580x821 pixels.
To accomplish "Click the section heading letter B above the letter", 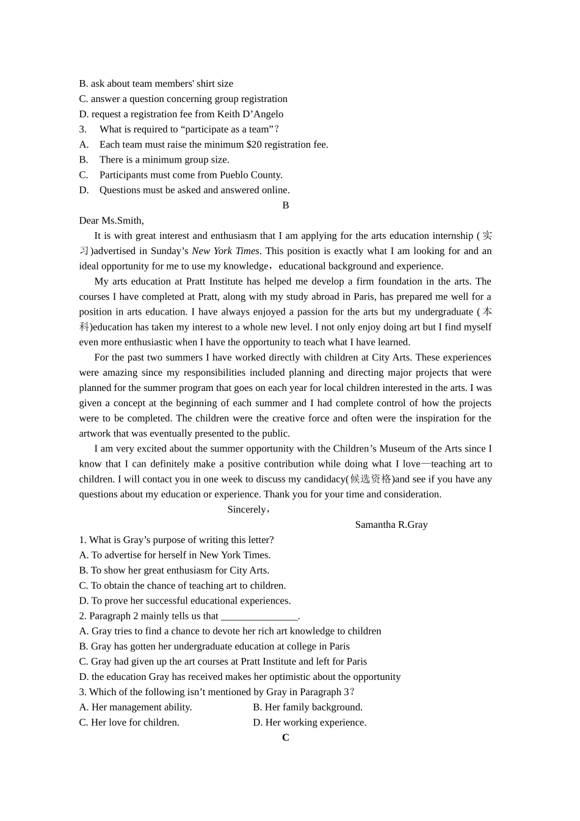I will click(285, 205).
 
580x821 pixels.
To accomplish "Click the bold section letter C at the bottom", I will click(285, 737).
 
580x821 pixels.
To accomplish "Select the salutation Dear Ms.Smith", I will click(112, 221).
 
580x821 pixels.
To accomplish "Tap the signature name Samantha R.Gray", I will click(391, 525).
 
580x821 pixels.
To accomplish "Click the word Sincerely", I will click(247, 509).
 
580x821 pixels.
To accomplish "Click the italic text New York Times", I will click(225, 251).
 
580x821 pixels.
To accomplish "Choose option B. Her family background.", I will click(308, 707).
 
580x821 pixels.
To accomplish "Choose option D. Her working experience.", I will click(310, 723).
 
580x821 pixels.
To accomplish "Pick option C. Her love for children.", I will click(129, 723).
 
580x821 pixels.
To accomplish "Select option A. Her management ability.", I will click(136, 707).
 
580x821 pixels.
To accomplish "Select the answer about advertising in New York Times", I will click(175, 555).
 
